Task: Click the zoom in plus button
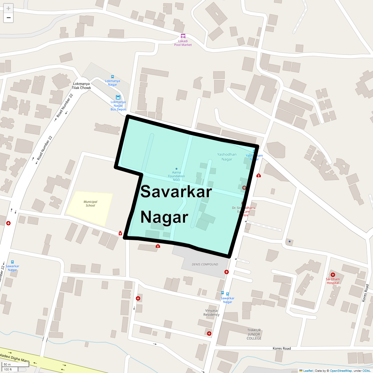[8, 8]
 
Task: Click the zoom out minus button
[8, 18]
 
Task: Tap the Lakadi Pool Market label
[183, 43]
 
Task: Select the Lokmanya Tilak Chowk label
[81, 86]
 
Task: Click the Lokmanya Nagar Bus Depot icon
[118, 97]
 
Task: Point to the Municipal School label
[90, 204]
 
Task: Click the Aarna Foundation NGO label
[176, 176]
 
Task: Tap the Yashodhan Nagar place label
[227, 157]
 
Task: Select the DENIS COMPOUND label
[205, 265]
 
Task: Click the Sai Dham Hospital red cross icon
[333, 275]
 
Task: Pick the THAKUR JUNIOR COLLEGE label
[254, 334]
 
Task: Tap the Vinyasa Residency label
[211, 312]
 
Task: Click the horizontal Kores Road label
[282, 348]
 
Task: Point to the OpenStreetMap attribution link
[341, 371]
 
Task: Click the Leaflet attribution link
[308, 371]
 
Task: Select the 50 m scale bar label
[7, 364]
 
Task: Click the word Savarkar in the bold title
[176, 191]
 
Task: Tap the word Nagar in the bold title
[164, 217]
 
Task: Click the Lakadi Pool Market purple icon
[183, 36]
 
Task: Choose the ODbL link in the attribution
[366, 371]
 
